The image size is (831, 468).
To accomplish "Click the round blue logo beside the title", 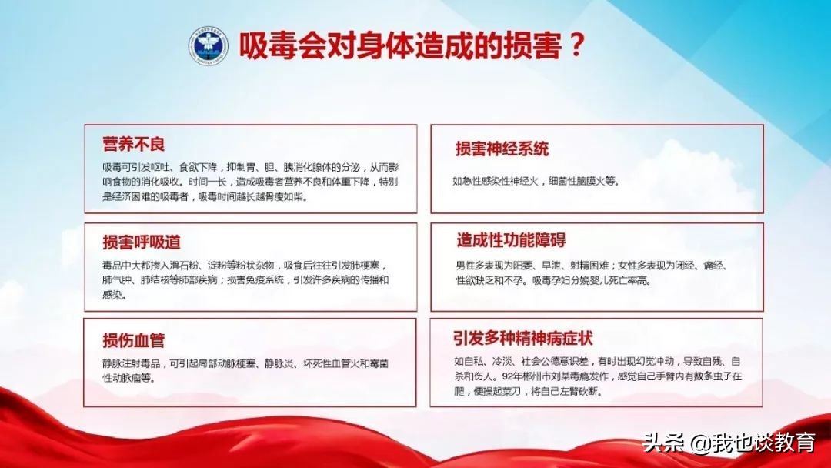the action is click(209, 45).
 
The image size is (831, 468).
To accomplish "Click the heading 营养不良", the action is click(134, 144).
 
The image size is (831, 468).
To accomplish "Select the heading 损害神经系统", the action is click(502, 149).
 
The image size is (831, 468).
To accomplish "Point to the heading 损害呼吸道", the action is click(142, 242).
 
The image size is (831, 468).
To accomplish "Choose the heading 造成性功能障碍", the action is click(511, 240).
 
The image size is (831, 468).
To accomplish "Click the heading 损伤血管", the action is click(134, 340).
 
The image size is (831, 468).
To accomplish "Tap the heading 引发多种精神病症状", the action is click(522, 338).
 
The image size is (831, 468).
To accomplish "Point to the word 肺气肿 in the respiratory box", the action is click(117, 280).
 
